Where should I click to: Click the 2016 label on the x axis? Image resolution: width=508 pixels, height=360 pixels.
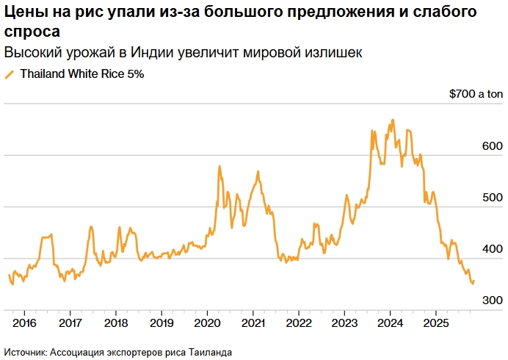[24, 323]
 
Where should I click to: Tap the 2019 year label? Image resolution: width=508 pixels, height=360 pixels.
[161, 323]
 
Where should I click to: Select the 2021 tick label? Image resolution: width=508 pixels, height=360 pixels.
[253, 323]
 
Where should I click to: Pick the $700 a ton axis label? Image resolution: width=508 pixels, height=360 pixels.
[476, 94]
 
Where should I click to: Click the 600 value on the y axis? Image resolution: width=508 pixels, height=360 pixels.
[491, 146]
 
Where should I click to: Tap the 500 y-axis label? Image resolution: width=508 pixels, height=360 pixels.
[491, 198]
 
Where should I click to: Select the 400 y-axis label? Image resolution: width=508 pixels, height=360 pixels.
[491, 249]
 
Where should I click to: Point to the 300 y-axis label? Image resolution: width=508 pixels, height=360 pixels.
[491, 300]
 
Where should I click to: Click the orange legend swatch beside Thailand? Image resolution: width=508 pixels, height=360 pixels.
[10, 74]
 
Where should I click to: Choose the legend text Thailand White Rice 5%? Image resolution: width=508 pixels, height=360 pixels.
[81, 74]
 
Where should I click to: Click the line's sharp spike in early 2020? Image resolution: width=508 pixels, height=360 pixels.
[219, 167]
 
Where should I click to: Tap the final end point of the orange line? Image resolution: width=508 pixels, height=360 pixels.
[473, 281]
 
